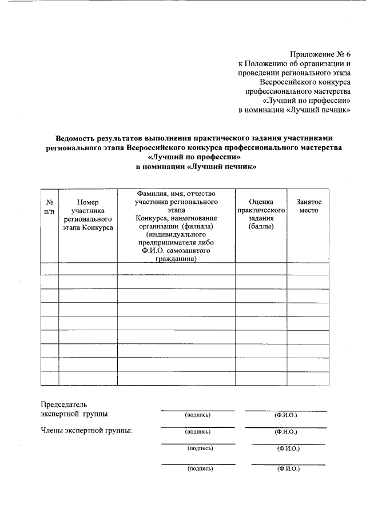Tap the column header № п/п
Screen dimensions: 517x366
[50, 206]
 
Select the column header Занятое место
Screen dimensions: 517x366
[308, 206]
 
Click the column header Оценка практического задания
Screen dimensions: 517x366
[261, 214]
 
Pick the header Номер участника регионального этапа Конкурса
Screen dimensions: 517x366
[88, 214]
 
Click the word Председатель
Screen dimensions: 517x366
[63, 404]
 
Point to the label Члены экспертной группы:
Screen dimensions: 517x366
[86, 430]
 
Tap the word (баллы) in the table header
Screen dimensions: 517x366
[261, 227]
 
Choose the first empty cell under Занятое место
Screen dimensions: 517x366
[308, 268]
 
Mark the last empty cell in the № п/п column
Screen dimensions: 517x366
[50, 378]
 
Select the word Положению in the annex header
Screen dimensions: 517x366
[270, 63]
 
